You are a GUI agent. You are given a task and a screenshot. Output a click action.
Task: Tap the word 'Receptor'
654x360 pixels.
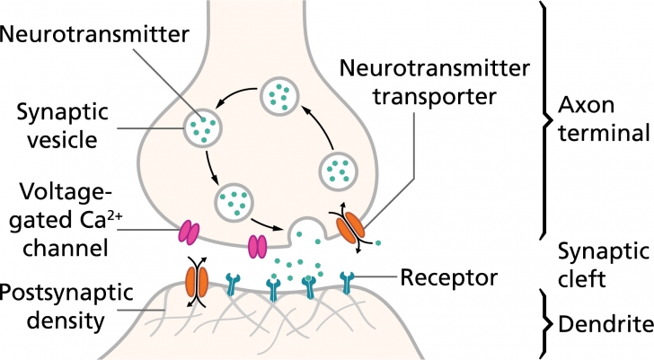(449, 278)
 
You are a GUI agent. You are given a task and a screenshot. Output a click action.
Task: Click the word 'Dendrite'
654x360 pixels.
(603, 323)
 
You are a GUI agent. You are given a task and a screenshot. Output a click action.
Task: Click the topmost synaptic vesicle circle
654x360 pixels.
(280, 96)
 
